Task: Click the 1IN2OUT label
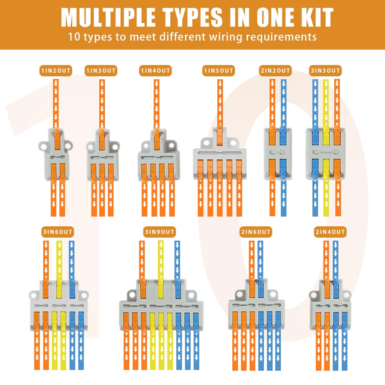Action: [56, 71]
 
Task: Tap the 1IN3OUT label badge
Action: [101, 71]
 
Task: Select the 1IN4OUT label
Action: [155, 71]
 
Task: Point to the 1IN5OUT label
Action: [218, 71]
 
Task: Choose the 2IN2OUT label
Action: [275, 71]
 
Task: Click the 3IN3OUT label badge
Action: [325, 71]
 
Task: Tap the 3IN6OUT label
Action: [58, 232]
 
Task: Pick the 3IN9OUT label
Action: [159, 232]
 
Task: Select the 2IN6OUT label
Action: [256, 232]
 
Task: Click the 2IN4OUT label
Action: [330, 232]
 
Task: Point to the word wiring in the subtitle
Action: [226, 37]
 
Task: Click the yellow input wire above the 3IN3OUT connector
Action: [326, 103]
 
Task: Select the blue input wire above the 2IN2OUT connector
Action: [283, 103]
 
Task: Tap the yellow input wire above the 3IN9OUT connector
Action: [161, 260]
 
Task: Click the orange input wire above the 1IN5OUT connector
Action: [220, 103]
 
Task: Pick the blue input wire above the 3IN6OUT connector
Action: [71, 260]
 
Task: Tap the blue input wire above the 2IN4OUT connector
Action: [335, 260]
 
